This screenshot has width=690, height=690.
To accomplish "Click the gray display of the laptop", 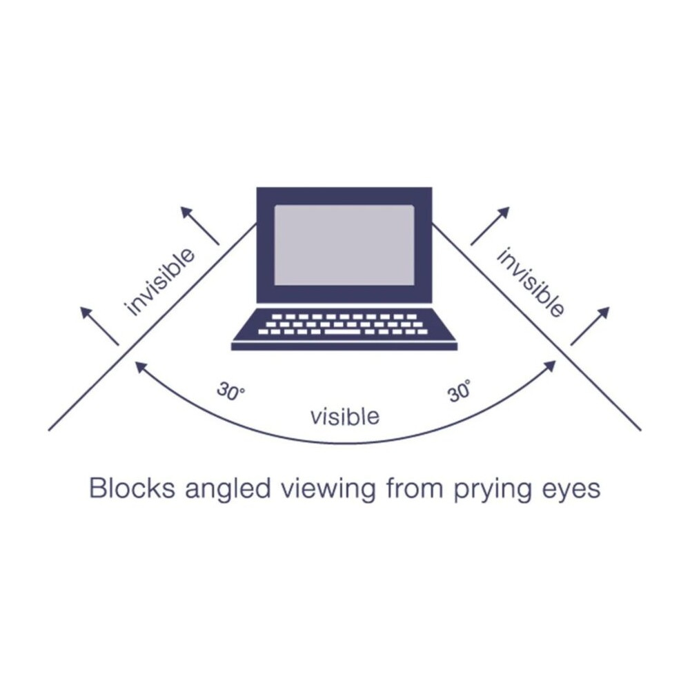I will coord(344,245).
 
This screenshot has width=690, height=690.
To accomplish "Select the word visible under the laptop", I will coord(344,416).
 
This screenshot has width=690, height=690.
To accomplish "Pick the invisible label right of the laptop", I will coord(531,282).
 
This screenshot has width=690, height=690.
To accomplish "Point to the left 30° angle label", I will coord(230,392).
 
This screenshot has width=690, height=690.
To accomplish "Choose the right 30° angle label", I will coord(460,392).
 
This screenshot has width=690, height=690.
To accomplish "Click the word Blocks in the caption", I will coord(130,489).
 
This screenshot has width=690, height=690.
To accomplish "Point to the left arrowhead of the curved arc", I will coord(140,367).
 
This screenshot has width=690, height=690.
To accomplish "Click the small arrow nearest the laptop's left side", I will coord(200,225).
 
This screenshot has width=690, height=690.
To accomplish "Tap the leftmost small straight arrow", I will coord(100,326).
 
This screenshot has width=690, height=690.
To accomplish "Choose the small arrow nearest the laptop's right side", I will coord(490,226).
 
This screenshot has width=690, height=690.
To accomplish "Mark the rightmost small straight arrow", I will coord(590,326).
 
